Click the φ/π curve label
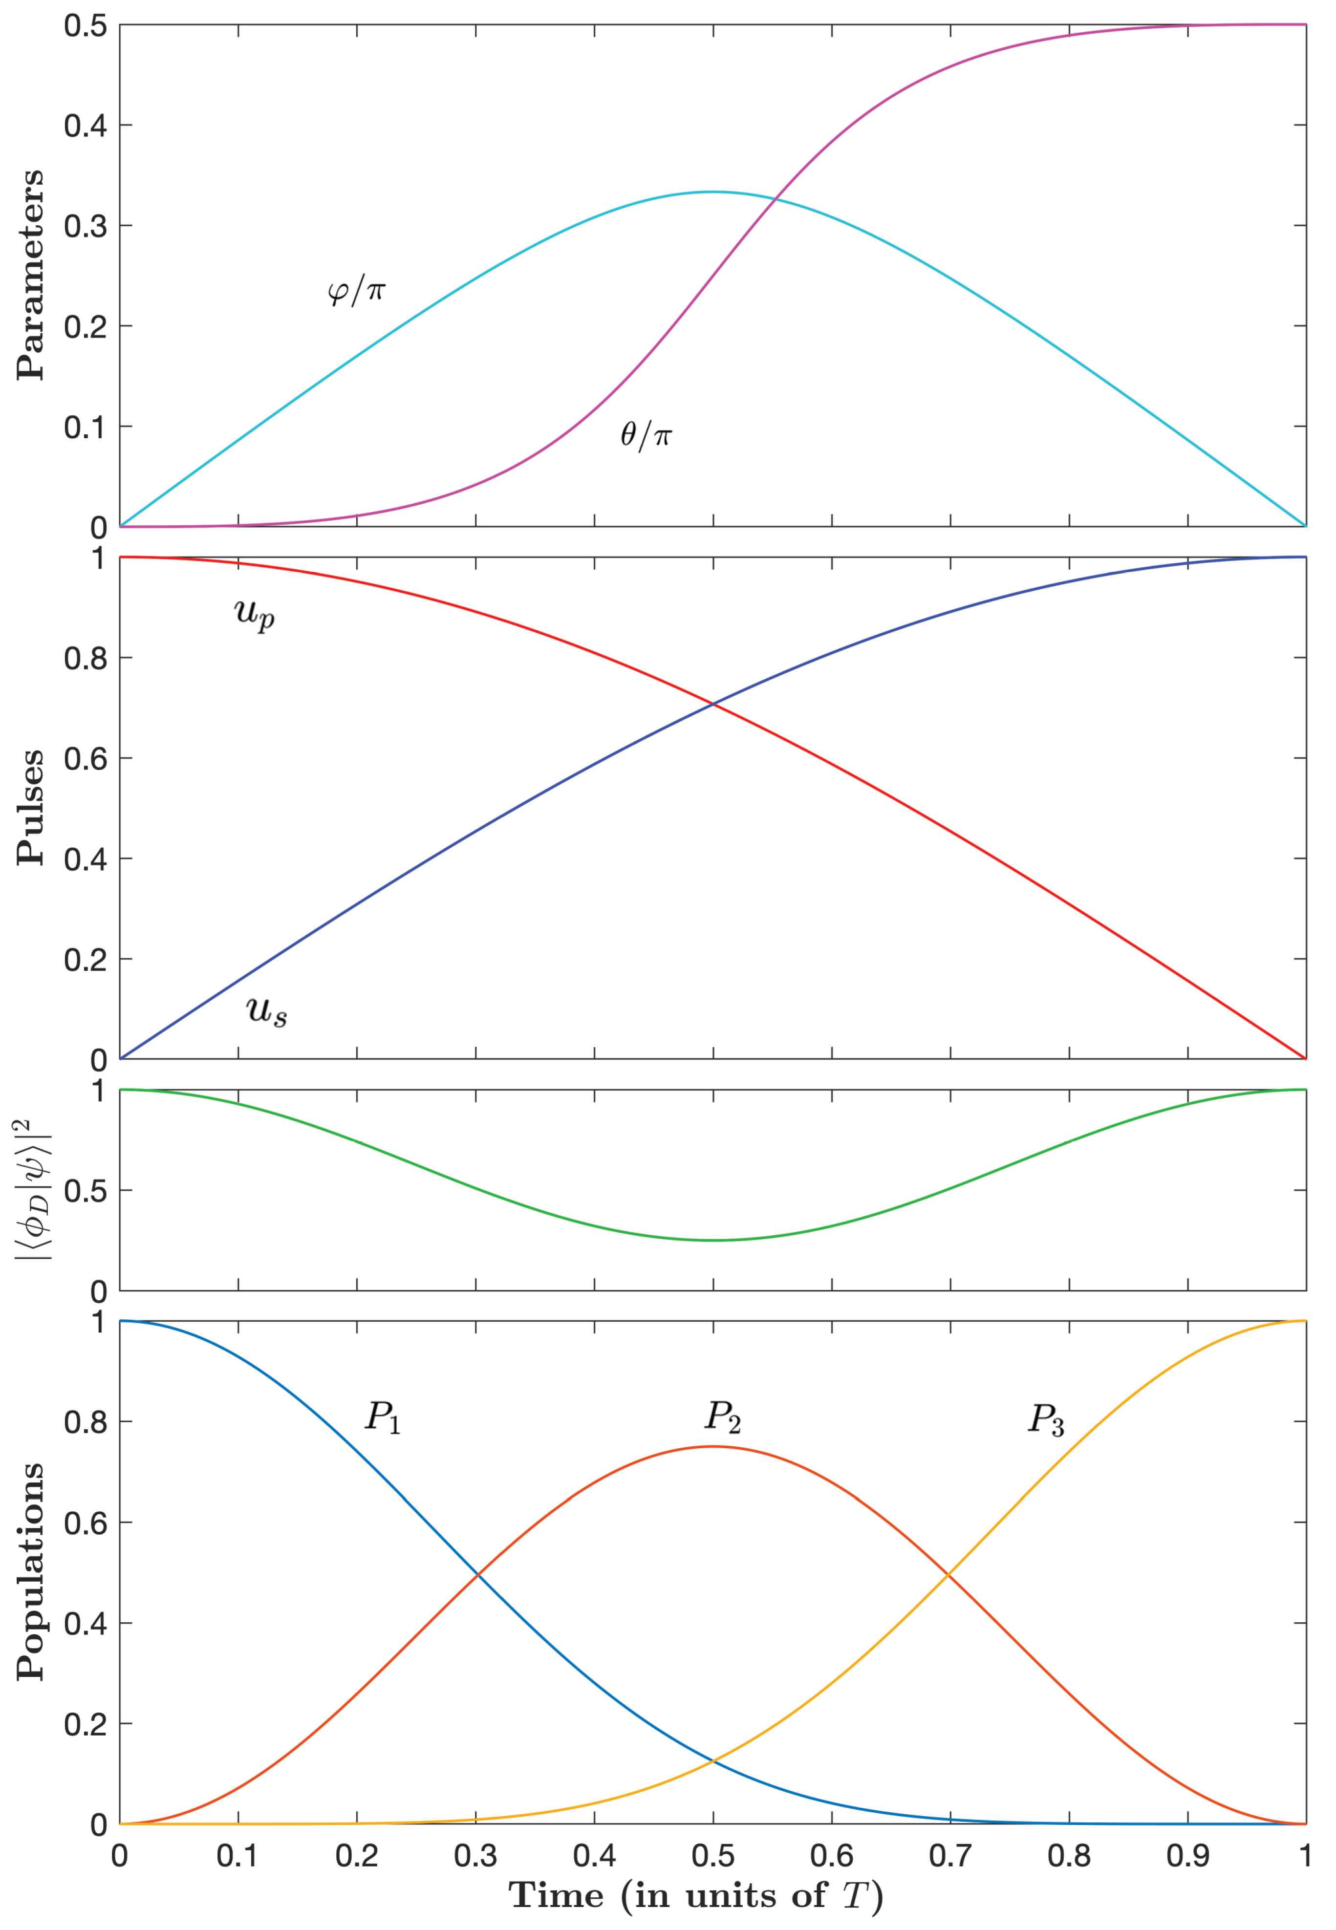[356, 291]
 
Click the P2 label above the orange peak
[722, 1416]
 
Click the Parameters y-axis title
[31, 276]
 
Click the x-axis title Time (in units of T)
[696, 1895]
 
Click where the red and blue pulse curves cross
[713, 704]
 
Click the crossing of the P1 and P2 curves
[478, 1574]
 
